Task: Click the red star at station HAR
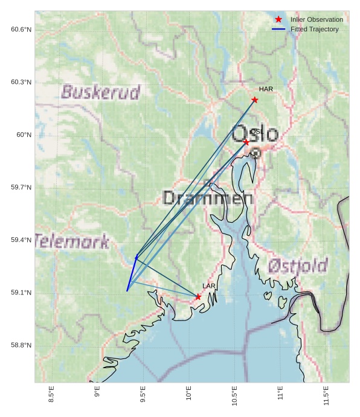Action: tap(255, 100)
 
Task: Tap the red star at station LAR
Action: tap(198, 296)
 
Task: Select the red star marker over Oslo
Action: tap(246, 142)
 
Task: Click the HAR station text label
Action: tap(266, 89)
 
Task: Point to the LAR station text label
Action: tap(208, 286)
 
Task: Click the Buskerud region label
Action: tap(100, 92)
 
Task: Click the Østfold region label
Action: tap(298, 266)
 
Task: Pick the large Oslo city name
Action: tap(256, 134)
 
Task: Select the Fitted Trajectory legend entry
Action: tap(314, 29)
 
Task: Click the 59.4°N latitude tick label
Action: tap(21, 240)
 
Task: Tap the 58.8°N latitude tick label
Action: tap(21, 345)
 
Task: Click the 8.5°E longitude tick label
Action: tap(51, 394)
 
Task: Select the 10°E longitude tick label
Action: tap(188, 394)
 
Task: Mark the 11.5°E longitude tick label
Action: tap(326, 395)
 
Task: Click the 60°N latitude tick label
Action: tap(24, 135)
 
